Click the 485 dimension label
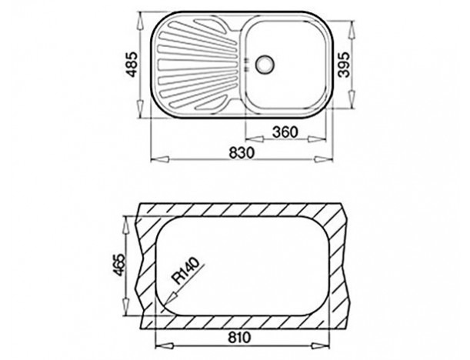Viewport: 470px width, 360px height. pyautogui.click(x=132, y=65)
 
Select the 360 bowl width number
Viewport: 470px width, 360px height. pyautogui.click(x=285, y=132)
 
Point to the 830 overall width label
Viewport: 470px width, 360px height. pyautogui.click(x=242, y=152)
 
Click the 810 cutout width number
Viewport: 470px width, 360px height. pyautogui.click(x=239, y=338)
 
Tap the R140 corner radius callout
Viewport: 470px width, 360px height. pyautogui.click(x=185, y=271)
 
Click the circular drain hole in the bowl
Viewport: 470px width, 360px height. pyautogui.click(x=264, y=64)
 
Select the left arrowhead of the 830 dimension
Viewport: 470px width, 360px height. pyautogui.click(x=160, y=159)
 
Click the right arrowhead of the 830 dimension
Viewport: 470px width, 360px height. pyautogui.click(x=323, y=159)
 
